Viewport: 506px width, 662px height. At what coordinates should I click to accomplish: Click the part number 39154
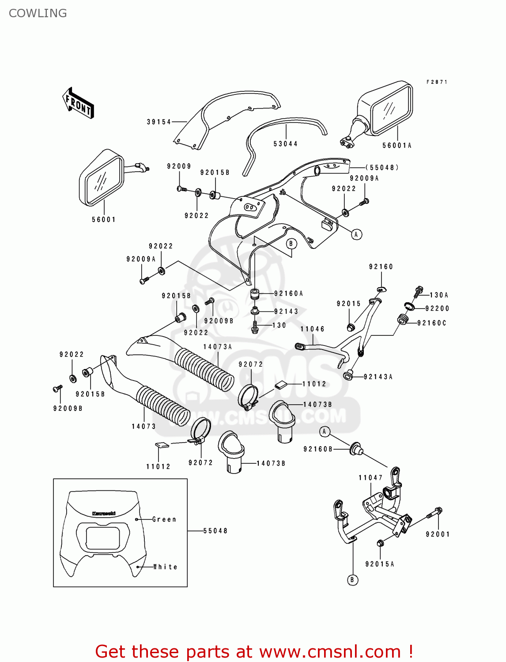[x=159, y=122]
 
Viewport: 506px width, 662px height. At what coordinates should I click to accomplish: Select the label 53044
[x=286, y=144]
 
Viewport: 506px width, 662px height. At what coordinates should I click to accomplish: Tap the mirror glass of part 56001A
[x=391, y=109]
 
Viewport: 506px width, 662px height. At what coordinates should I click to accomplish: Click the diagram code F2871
[x=437, y=82]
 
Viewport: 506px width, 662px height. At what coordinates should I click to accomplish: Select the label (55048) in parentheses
[x=382, y=167]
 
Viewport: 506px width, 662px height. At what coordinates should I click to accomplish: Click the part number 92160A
[x=289, y=293]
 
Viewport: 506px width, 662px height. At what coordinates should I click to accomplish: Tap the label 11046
[x=313, y=329]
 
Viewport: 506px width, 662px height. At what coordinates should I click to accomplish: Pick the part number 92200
[x=438, y=308]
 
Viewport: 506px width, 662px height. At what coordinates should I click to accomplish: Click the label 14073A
[x=218, y=347]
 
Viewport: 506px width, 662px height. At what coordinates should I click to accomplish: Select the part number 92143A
[x=378, y=377]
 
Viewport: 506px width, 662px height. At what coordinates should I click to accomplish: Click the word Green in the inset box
[x=164, y=519]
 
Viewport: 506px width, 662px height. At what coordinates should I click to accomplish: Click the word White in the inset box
[x=165, y=567]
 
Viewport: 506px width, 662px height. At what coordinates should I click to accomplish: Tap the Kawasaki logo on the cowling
[x=104, y=513]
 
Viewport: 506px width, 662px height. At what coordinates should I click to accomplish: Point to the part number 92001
[x=438, y=534]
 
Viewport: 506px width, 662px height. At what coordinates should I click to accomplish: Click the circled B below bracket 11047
[x=352, y=580]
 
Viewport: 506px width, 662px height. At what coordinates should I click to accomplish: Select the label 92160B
[x=318, y=449]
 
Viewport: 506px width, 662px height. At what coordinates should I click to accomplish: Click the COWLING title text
[x=38, y=13]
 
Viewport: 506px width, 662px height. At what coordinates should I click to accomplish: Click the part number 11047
[x=370, y=478]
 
